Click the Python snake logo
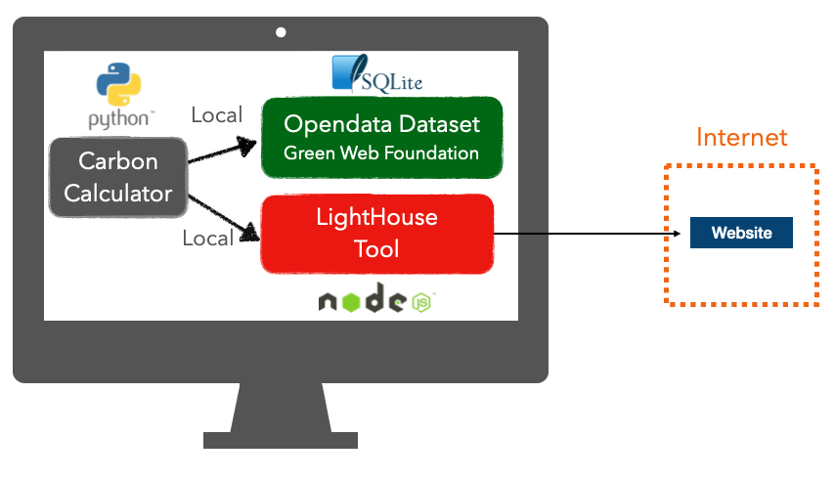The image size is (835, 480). (x=118, y=84)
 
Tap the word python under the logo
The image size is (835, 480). (x=119, y=119)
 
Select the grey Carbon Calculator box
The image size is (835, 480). (x=118, y=177)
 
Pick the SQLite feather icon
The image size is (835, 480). (x=345, y=72)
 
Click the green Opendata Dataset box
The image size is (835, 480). (x=381, y=137)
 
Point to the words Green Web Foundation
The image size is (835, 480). (x=381, y=153)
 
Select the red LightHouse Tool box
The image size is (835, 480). (x=377, y=234)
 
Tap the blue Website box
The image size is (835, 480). (x=741, y=233)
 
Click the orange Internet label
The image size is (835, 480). (x=741, y=137)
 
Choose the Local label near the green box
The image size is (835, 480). (x=216, y=115)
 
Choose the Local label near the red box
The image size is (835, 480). (x=207, y=239)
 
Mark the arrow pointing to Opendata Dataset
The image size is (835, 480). (x=223, y=153)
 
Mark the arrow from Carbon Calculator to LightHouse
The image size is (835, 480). (x=223, y=214)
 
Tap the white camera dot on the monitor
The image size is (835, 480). (x=281, y=32)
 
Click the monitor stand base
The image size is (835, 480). (x=281, y=440)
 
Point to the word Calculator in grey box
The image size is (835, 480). (x=117, y=193)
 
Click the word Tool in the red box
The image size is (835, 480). (x=377, y=249)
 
